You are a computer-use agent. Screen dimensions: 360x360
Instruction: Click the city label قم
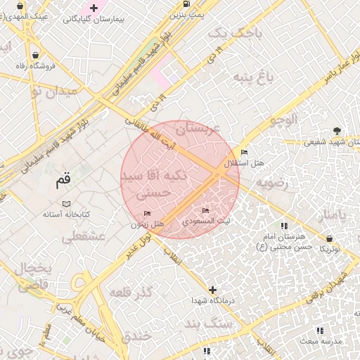(63, 181)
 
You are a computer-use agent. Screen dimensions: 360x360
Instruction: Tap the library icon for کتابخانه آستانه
(66, 203)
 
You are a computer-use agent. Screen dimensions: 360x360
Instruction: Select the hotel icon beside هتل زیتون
(147, 214)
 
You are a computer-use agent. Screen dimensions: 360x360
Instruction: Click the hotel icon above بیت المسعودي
(205, 210)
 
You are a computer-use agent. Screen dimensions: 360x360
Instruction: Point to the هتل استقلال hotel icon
(244, 153)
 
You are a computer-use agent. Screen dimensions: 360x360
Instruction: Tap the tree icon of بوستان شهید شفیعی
(337, 130)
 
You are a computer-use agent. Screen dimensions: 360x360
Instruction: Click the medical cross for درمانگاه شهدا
(212, 290)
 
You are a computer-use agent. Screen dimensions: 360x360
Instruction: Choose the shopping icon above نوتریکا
(329, 239)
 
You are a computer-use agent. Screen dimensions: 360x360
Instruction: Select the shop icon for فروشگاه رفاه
(35, 55)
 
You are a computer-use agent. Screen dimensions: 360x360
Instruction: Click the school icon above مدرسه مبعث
(320, 330)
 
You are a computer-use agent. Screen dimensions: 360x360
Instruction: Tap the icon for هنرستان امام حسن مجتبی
(284, 226)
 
